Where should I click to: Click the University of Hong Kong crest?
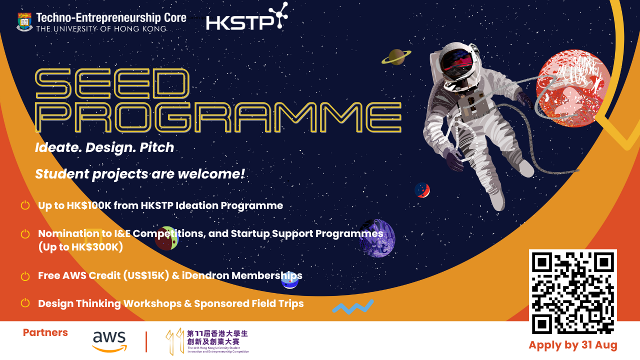[x=24, y=22]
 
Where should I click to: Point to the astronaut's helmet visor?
[x=456, y=64]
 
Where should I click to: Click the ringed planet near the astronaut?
[x=396, y=57]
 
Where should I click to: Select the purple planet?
[x=377, y=238]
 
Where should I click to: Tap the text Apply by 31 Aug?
[x=573, y=345]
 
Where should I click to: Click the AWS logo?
[x=109, y=341]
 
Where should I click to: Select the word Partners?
[x=45, y=333]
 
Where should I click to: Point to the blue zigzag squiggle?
[x=353, y=306]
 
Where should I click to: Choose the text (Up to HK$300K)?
[x=80, y=247]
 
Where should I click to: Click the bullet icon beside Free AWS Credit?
[x=25, y=275]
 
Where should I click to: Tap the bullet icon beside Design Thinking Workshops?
[x=25, y=303]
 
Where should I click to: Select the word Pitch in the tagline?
[x=157, y=148]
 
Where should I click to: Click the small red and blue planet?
[x=422, y=190]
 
